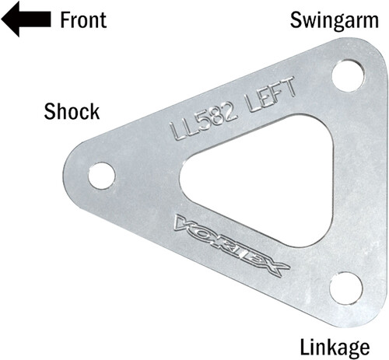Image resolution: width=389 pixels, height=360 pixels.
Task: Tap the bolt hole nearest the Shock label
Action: point(101,175)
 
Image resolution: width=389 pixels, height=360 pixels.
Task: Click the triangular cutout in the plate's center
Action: point(233,175)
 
